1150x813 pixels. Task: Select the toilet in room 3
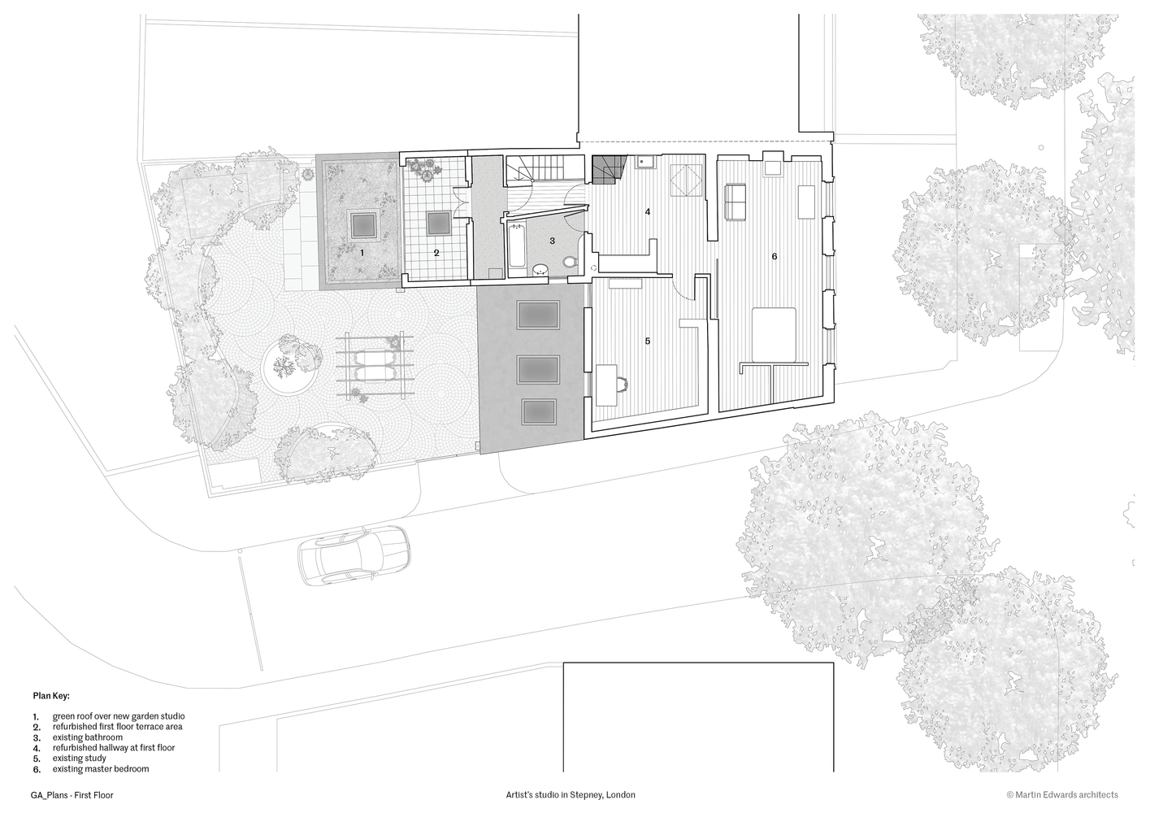[x=570, y=261]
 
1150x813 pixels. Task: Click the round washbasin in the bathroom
[x=539, y=268]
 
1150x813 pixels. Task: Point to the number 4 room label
[x=648, y=212]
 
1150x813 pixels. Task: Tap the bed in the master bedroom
[x=774, y=335]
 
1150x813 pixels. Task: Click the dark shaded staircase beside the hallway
[x=606, y=169]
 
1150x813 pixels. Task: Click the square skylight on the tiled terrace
[x=439, y=221]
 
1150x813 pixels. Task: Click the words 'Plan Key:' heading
[x=51, y=696]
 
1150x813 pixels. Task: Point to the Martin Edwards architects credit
[x=1062, y=795]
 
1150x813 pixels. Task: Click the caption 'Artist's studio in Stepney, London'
[x=570, y=795]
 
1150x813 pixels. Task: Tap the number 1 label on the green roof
[x=362, y=253]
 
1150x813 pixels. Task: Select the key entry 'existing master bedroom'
[x=101, y=768]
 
